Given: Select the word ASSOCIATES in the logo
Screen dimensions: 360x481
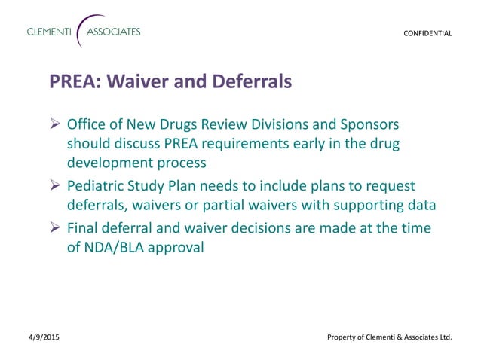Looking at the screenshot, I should pyautogui.click(x=113, y=32).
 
